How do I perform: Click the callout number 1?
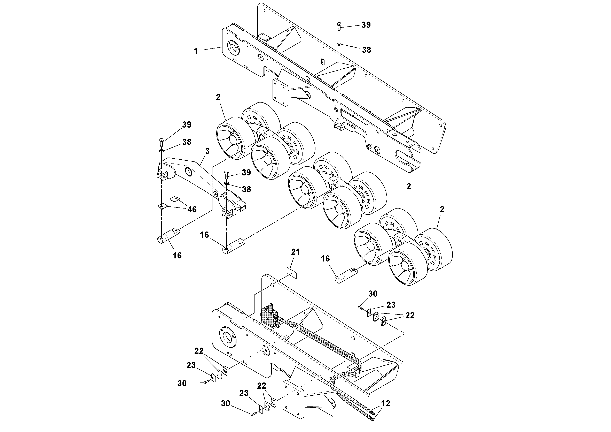tap(196, 51)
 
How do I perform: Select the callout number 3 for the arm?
tap(207, 151)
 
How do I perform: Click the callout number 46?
tap(192, 209)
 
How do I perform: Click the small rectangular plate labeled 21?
tap(292, 273)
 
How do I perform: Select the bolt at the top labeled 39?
tap(339, 26)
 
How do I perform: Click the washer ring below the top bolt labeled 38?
tap(339, 44)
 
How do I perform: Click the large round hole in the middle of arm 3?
tap(189, 171)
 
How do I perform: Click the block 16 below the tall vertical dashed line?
tap(345, 276)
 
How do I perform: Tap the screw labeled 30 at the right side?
tap(361, 308)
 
